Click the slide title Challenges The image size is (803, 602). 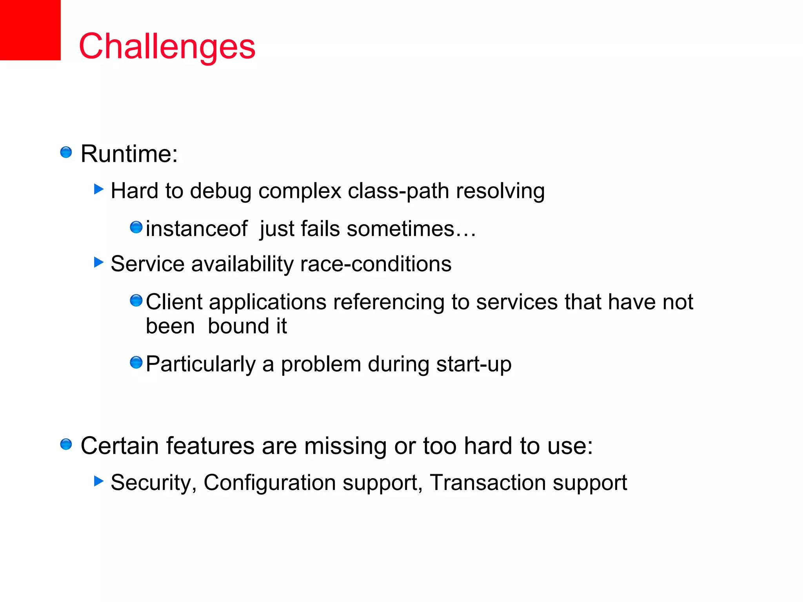(x=167, y=46)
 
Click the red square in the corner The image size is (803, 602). (x=30, y=30)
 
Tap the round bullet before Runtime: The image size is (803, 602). (x=66, y=152)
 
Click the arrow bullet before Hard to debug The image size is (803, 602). (x=99, y=190)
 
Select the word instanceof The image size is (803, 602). (x=196, y=228)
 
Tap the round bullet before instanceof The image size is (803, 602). (x=136, y=227)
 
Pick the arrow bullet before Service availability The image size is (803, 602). (x=99, y=262)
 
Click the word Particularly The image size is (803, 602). (x=200, y=364)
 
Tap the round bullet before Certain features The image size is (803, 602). (x=66, y=444)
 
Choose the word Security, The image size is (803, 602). (x=153, y=482)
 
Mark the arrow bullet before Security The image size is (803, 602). (x=99, y=481)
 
